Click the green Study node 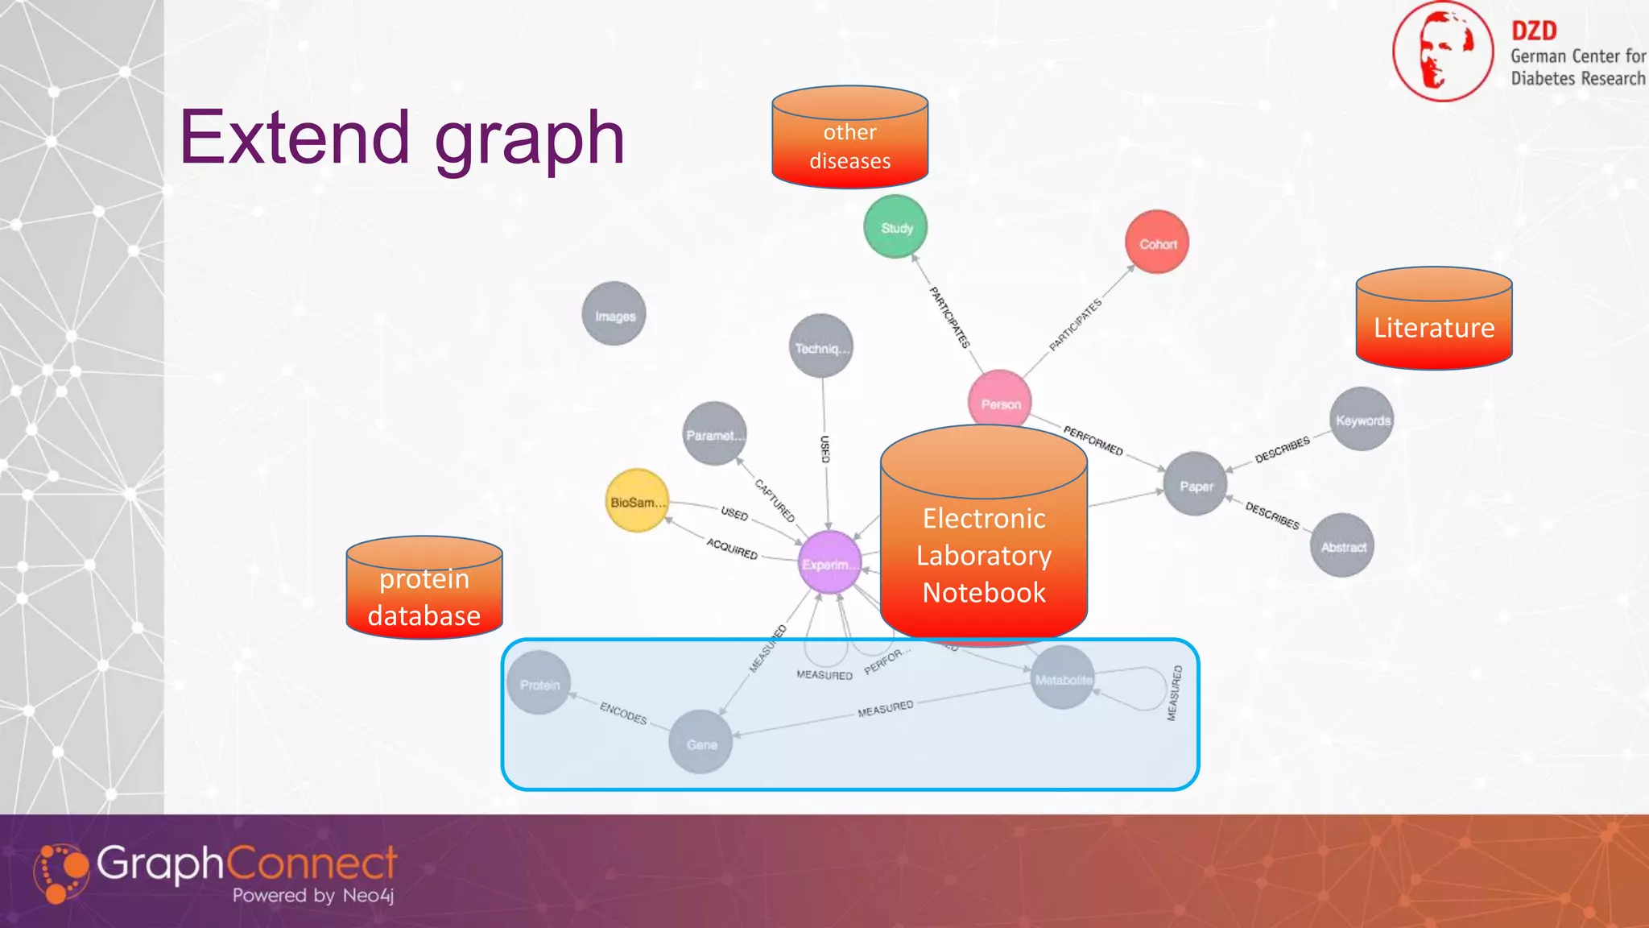895,227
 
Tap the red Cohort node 1157,242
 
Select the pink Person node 1000,400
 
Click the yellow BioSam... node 637,501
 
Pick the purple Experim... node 829,563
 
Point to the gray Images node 614,314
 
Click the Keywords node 1362,420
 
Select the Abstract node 1342,546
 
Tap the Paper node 1196,485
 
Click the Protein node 539,684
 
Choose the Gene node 701,743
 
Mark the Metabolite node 1063,678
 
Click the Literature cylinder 1434,320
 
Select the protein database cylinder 424,589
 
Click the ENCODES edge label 623,713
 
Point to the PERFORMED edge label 1093,441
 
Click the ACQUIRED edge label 732,549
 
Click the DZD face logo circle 1443,52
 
